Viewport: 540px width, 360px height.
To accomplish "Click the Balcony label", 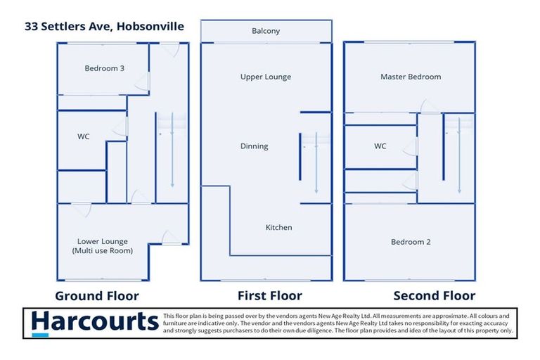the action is (266, 31).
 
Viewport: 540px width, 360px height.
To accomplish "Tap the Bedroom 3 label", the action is (104, 68).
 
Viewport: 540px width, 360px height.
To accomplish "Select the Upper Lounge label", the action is (266, 77).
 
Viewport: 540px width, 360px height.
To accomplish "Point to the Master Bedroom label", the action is (411, 77).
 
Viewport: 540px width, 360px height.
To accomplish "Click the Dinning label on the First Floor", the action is (254, 146).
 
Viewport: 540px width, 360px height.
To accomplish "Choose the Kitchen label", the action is (278, 227).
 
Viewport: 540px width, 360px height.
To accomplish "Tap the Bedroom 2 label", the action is (411, 242).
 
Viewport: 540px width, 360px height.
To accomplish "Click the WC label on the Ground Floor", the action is (84, 136).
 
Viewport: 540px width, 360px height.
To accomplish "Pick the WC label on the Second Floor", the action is (380, 146).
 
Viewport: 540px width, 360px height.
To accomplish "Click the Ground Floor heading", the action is (97, 296).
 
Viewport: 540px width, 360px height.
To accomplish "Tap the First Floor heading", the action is (270, 295).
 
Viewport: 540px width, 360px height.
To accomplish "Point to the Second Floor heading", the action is (435, 295).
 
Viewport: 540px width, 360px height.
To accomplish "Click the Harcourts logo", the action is (95, 323).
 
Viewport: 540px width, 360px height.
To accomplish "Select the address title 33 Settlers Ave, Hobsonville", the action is (104, 27).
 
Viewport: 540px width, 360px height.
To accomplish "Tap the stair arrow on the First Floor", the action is (316, 163).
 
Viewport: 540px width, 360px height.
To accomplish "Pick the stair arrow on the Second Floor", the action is (459, 155).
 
